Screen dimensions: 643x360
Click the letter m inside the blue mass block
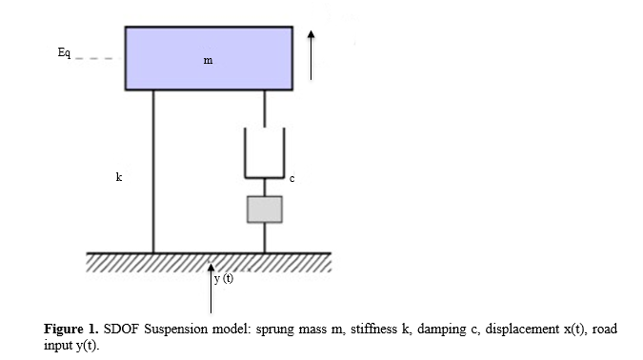[209, 61]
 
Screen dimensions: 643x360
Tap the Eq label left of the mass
[64, 53]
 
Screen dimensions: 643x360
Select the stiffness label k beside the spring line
[119, 177]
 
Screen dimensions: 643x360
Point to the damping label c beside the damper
[292, 179]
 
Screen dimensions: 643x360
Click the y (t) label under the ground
[224, 278]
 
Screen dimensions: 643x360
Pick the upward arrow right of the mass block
[311, 55]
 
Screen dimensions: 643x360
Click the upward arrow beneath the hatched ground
[211, 289]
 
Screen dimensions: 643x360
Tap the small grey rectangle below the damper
[265, 210]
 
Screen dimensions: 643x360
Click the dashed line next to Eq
[97, 59]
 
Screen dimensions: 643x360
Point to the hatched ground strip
[209, 263]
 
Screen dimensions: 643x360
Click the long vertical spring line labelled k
[153, 171]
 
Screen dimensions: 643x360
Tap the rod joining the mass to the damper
[265, 109]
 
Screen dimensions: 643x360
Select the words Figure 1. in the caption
[71, 329]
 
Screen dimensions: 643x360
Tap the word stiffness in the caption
[373, 329]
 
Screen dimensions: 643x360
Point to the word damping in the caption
[442, 330]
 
